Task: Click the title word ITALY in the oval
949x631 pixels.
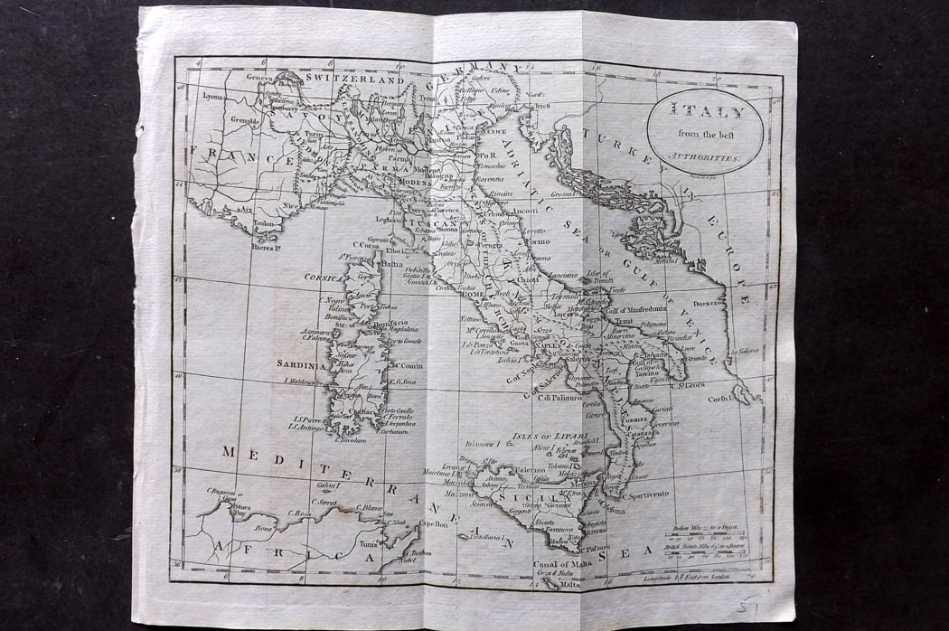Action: tap(706, 113)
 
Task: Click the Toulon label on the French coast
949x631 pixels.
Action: tap(265, 221)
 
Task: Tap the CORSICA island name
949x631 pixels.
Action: tap(323, 278)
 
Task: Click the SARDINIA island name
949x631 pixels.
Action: tap(301, 365)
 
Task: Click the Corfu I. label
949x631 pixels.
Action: tap(719, 397)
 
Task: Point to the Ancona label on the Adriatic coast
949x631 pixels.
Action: tap(525, 211)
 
